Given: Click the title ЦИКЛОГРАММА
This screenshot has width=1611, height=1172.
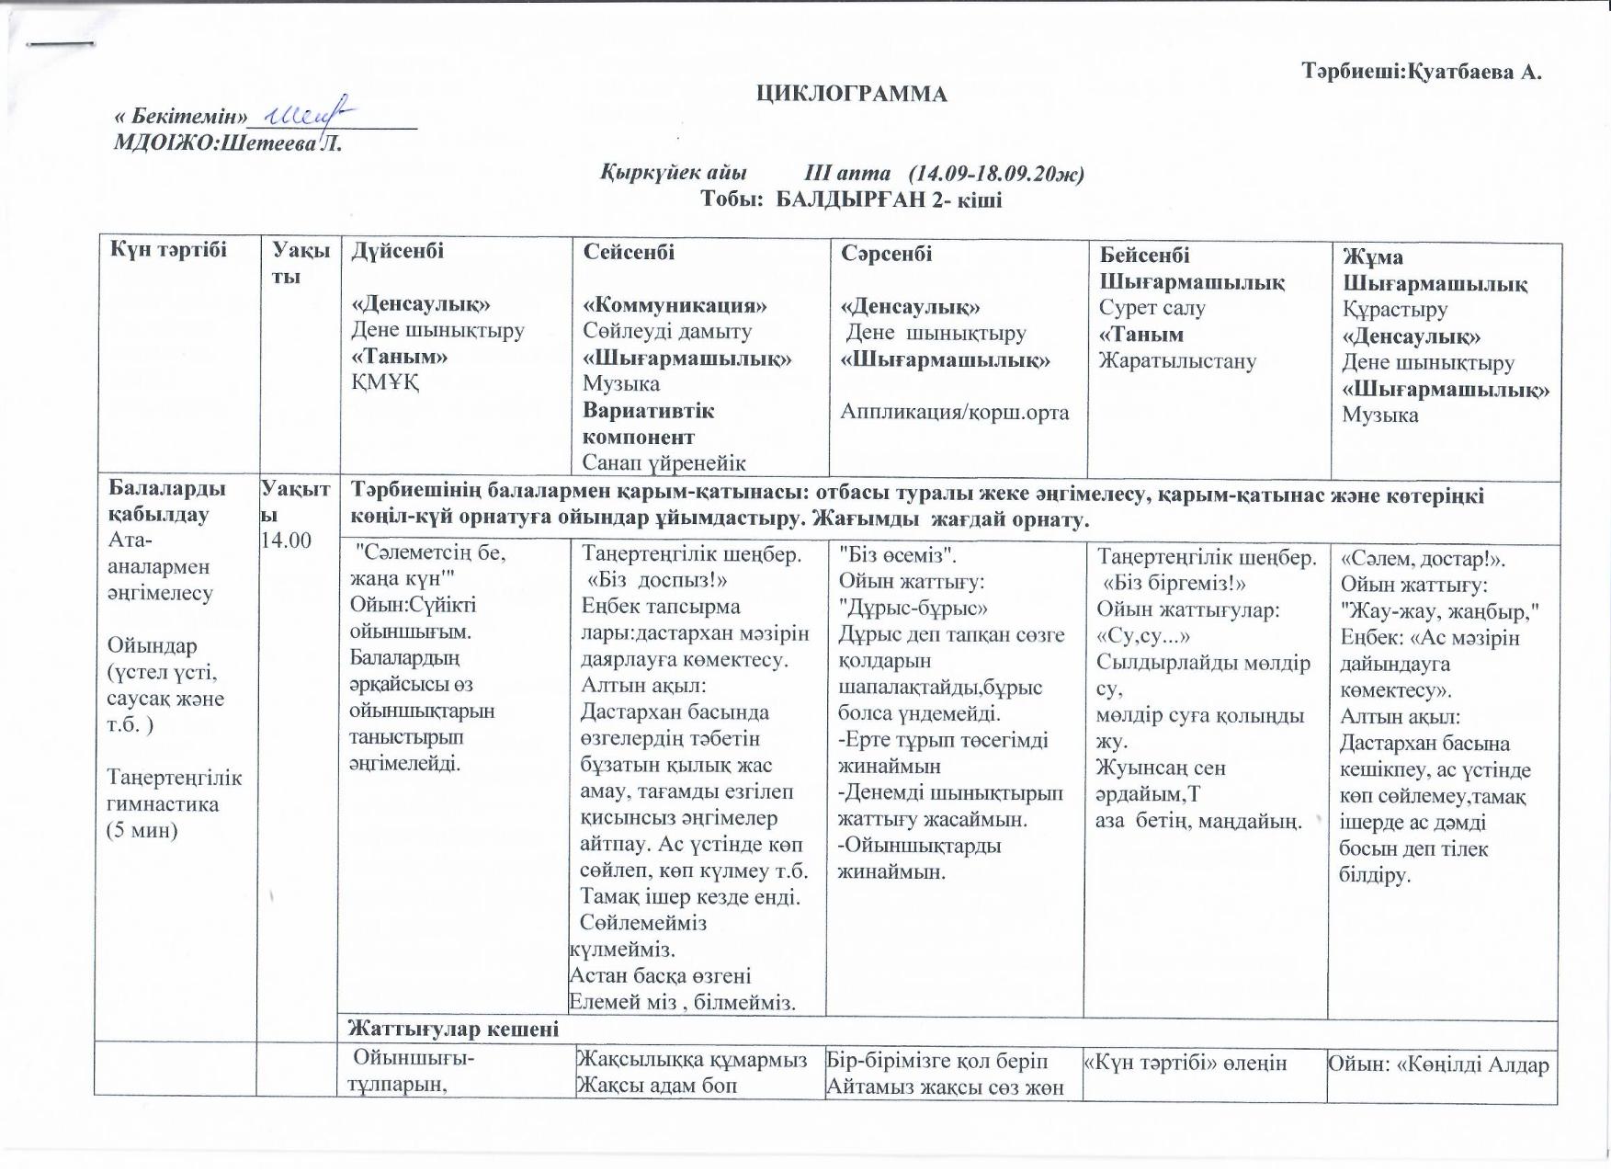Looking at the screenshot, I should [851, 94].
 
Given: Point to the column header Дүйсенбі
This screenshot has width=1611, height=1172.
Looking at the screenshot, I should [397, 251].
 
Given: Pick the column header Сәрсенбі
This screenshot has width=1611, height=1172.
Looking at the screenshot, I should [886, 254].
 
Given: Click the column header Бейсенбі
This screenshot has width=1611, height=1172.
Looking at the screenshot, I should [1144, 255].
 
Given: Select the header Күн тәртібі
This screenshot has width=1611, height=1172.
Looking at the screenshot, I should [168, 249].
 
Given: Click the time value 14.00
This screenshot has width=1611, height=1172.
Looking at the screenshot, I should [287, 540].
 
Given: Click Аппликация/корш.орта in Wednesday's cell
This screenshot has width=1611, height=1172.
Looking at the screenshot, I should [954, 412].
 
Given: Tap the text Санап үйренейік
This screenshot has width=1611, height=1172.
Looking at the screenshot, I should [664, 462].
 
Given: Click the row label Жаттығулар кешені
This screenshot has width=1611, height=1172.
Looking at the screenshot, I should [454, 1029].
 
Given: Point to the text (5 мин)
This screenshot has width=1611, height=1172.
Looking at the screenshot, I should [142, 830].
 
